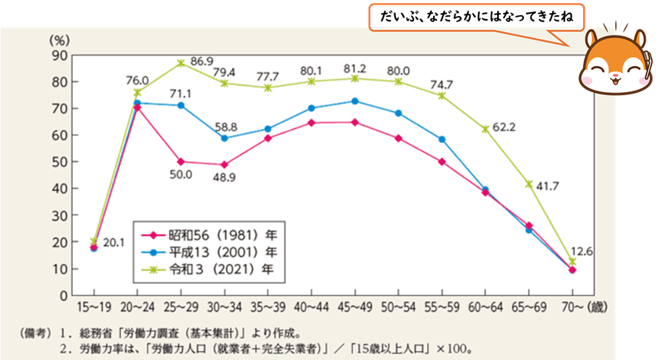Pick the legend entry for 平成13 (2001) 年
(206, 251)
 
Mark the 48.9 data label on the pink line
(224, 180)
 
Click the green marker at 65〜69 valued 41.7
(528, 184)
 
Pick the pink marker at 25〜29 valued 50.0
(180, 161)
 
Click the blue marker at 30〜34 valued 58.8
(224, 139)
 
